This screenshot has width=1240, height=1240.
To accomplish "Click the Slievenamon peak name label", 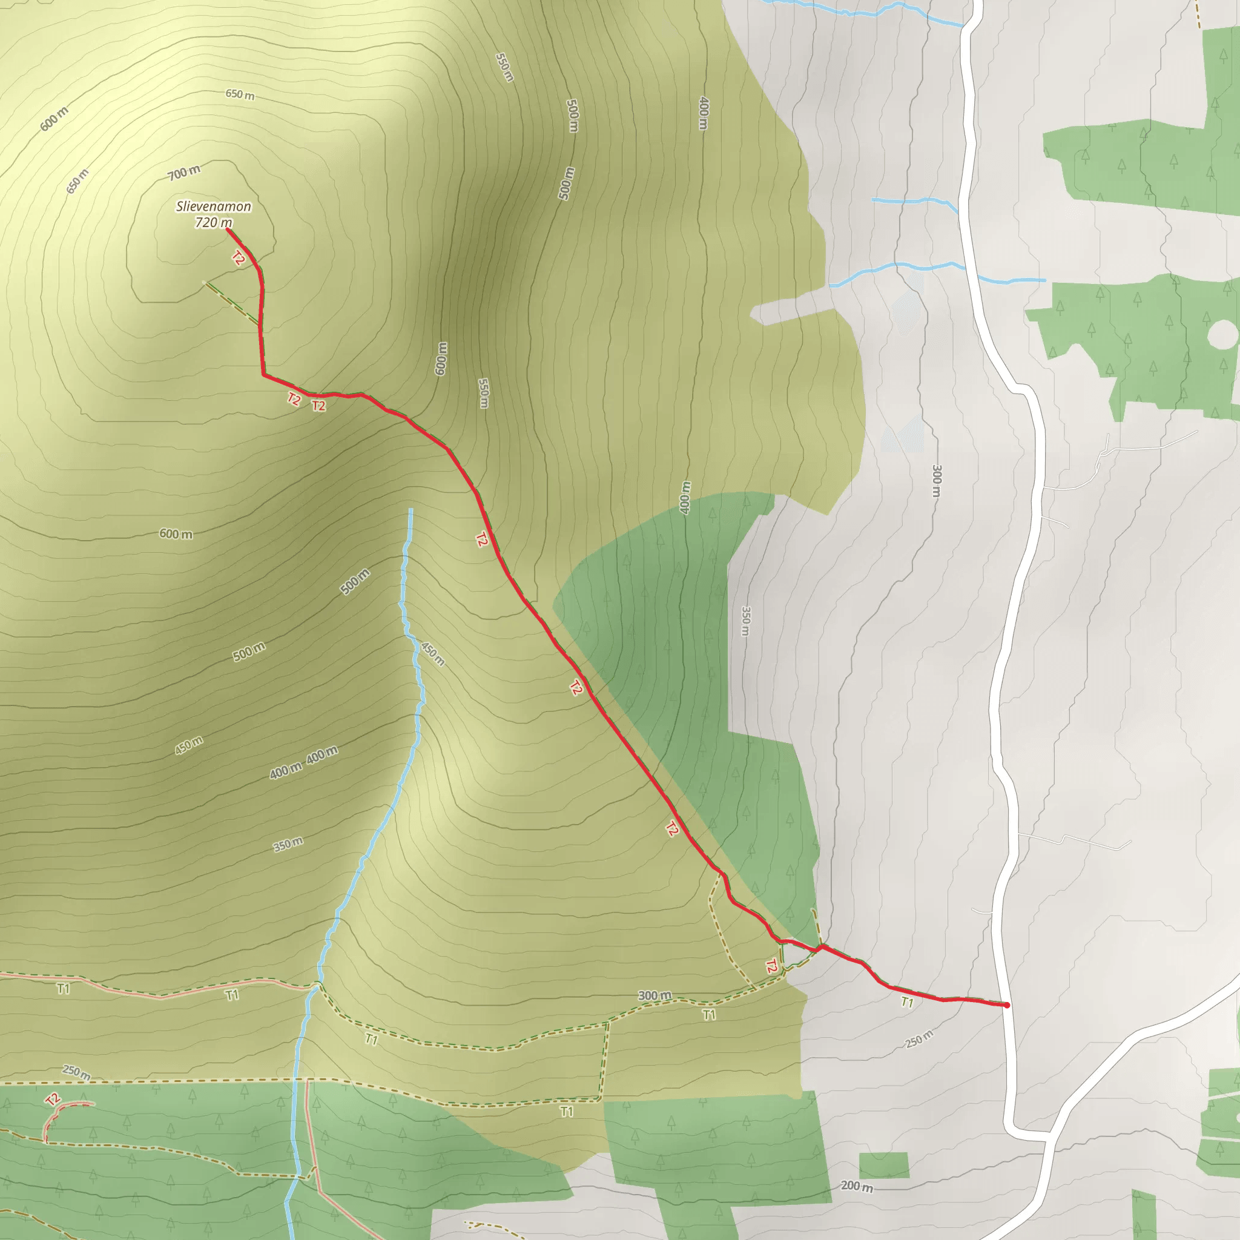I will (214, 206).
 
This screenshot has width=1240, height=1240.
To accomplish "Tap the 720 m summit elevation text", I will (214, 223).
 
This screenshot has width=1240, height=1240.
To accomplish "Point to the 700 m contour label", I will (184, 173).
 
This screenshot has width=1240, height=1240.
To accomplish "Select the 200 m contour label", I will (856, 1169).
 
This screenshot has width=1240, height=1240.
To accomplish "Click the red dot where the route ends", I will (1006, 1005).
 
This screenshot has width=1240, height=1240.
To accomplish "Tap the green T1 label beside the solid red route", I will (907, 1002).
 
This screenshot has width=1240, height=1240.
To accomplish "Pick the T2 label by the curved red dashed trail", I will (53, 1100).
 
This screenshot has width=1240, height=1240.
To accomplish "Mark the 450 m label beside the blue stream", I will (432, 653).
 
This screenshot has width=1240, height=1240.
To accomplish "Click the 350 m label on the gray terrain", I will (745, 621).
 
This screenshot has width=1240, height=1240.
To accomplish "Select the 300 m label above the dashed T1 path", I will (655, 995).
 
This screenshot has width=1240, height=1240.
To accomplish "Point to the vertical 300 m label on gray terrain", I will (937, 481).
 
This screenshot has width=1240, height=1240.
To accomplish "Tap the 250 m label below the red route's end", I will (919, 1039).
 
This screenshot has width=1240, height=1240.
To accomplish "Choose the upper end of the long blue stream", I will (411, 510).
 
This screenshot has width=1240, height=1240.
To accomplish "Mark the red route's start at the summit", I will (228, 229).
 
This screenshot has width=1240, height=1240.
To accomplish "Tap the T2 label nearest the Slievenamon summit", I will (238, 259).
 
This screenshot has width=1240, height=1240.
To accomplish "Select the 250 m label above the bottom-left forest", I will (76, 1072).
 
